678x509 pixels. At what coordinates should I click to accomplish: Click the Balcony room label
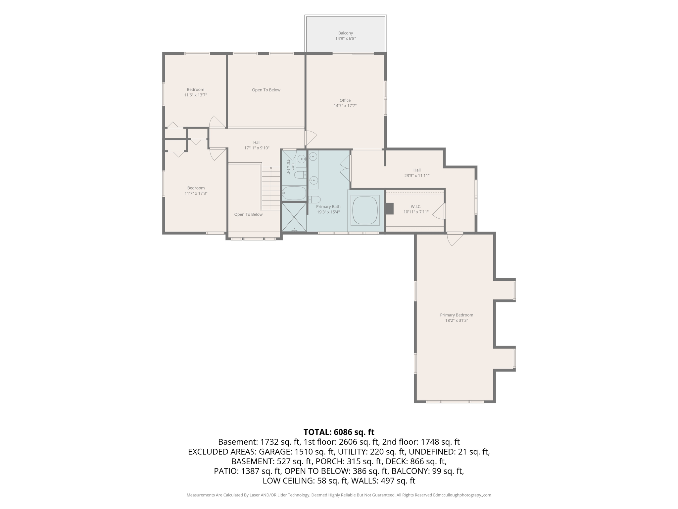coord(345,33)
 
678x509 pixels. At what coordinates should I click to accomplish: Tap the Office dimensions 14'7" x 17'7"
coord(345,106)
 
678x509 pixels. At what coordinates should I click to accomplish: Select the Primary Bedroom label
coord(457,315)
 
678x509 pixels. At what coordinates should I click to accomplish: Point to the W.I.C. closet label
coord(416,207)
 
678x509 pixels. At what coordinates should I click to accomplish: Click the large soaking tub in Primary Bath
coord(365,210)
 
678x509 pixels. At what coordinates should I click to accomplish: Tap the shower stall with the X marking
coord(294,217)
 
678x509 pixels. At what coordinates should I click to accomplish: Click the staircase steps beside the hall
coord(271,189)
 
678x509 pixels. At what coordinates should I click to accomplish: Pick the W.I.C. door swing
coord(439,211)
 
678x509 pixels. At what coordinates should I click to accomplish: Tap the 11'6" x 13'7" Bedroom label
coord(195,92)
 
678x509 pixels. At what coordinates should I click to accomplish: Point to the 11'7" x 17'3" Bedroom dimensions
coord(196,194)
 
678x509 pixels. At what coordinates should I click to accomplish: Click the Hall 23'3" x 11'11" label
coord(417,173)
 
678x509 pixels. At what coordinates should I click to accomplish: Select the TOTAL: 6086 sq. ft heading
coord(339,432)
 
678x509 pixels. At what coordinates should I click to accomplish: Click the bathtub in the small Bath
coord(294,193)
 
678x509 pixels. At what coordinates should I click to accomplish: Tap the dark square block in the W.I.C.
coord(389,209)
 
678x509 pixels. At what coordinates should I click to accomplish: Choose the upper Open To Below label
coord(266,90)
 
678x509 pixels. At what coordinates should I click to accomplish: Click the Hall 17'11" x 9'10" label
coord(257,145)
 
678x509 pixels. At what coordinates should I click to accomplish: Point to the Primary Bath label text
coord(328,207)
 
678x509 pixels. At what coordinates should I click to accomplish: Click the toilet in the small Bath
coord(300,175)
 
